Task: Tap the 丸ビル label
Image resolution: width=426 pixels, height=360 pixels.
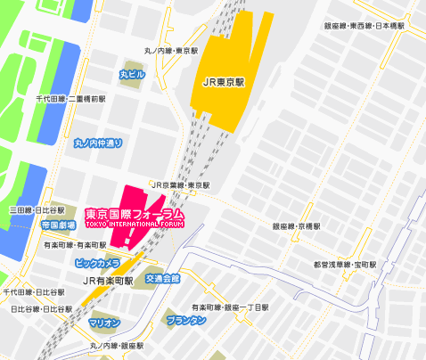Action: click(131, 73)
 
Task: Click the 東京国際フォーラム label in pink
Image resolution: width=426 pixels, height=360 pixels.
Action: click(135, 214)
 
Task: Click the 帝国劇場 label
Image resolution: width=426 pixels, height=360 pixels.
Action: click(58, 226)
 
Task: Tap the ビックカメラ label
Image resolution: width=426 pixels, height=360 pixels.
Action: click(97, 263)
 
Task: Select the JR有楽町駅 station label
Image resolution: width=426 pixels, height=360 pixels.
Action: click(108, 280)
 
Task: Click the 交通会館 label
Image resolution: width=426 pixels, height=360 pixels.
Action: click(163, 279)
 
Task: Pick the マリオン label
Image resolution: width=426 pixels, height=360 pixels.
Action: click(105, 322)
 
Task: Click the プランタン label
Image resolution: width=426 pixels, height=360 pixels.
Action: click(186, 319)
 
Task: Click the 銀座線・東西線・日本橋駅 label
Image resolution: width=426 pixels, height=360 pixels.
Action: click(364, 26)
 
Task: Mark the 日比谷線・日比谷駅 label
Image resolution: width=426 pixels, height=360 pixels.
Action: click(41, 308)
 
